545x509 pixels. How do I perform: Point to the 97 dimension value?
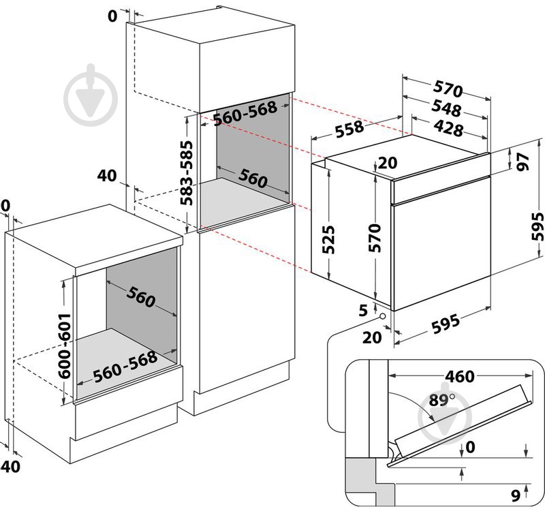(x=523, y=162)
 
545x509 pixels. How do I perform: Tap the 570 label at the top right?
(x=448, y=90)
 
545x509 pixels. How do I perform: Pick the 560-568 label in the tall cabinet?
(x=245, y=116)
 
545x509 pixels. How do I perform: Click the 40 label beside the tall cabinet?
(x=107, y=175)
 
